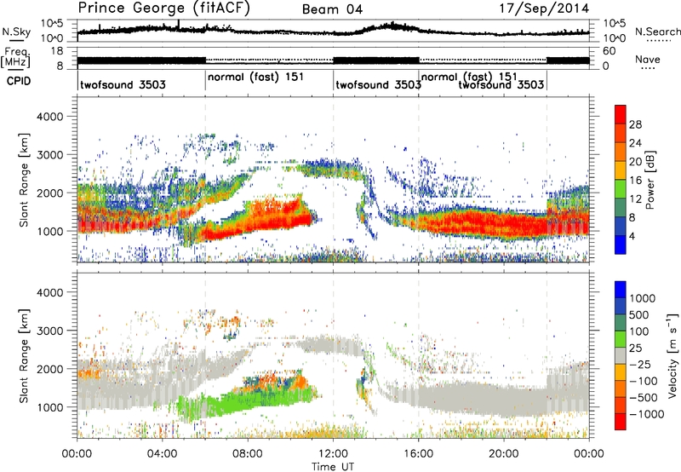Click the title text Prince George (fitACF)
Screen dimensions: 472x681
click(x=146, y=9)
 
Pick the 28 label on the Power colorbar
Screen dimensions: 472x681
click(x=636, y=124)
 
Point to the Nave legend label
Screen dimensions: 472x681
click(x=648, y=59)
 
